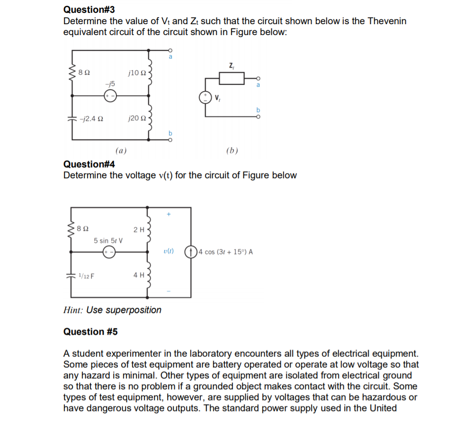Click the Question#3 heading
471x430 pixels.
point(89,9)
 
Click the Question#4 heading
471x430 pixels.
point(89,165)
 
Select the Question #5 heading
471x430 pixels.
point(90,332)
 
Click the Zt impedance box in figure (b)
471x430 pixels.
point(231,78)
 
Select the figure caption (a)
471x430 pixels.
point(121,151)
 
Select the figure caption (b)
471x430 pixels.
point(232,151)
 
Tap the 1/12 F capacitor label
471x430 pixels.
point(86,274)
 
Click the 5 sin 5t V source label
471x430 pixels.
point(108,240)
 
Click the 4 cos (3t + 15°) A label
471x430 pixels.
point(226,252)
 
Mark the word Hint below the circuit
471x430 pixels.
point(73,310)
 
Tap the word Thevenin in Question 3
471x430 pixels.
point(387,21)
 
